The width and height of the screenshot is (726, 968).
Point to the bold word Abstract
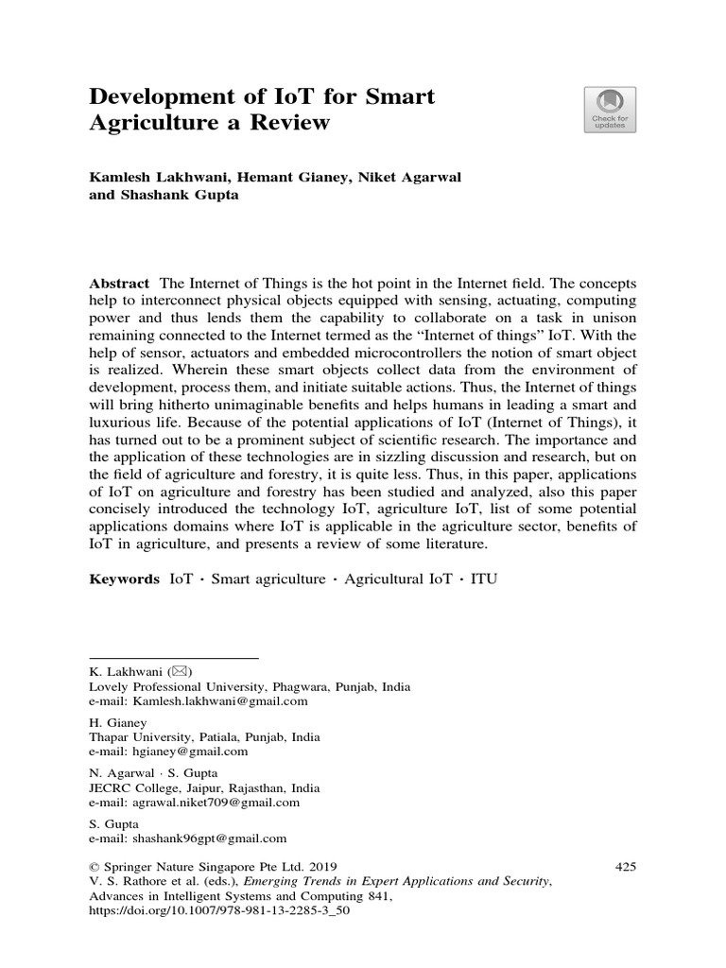tap(119, 284)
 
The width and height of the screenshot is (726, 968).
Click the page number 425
tap(625, 866)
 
